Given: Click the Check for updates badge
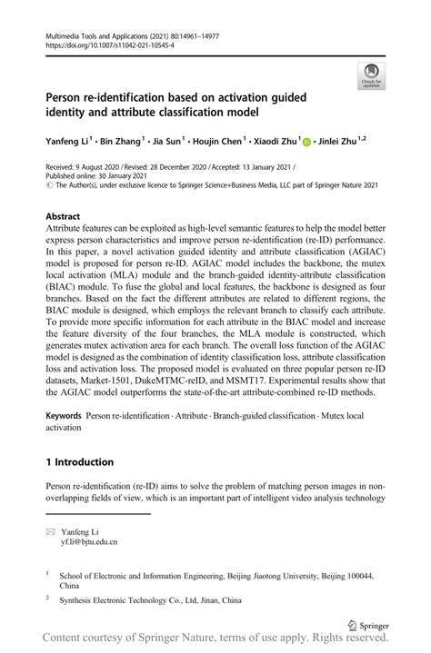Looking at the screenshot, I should point(371,76).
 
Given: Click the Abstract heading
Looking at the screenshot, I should point(63,217).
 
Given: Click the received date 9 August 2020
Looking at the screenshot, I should point(94,168).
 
